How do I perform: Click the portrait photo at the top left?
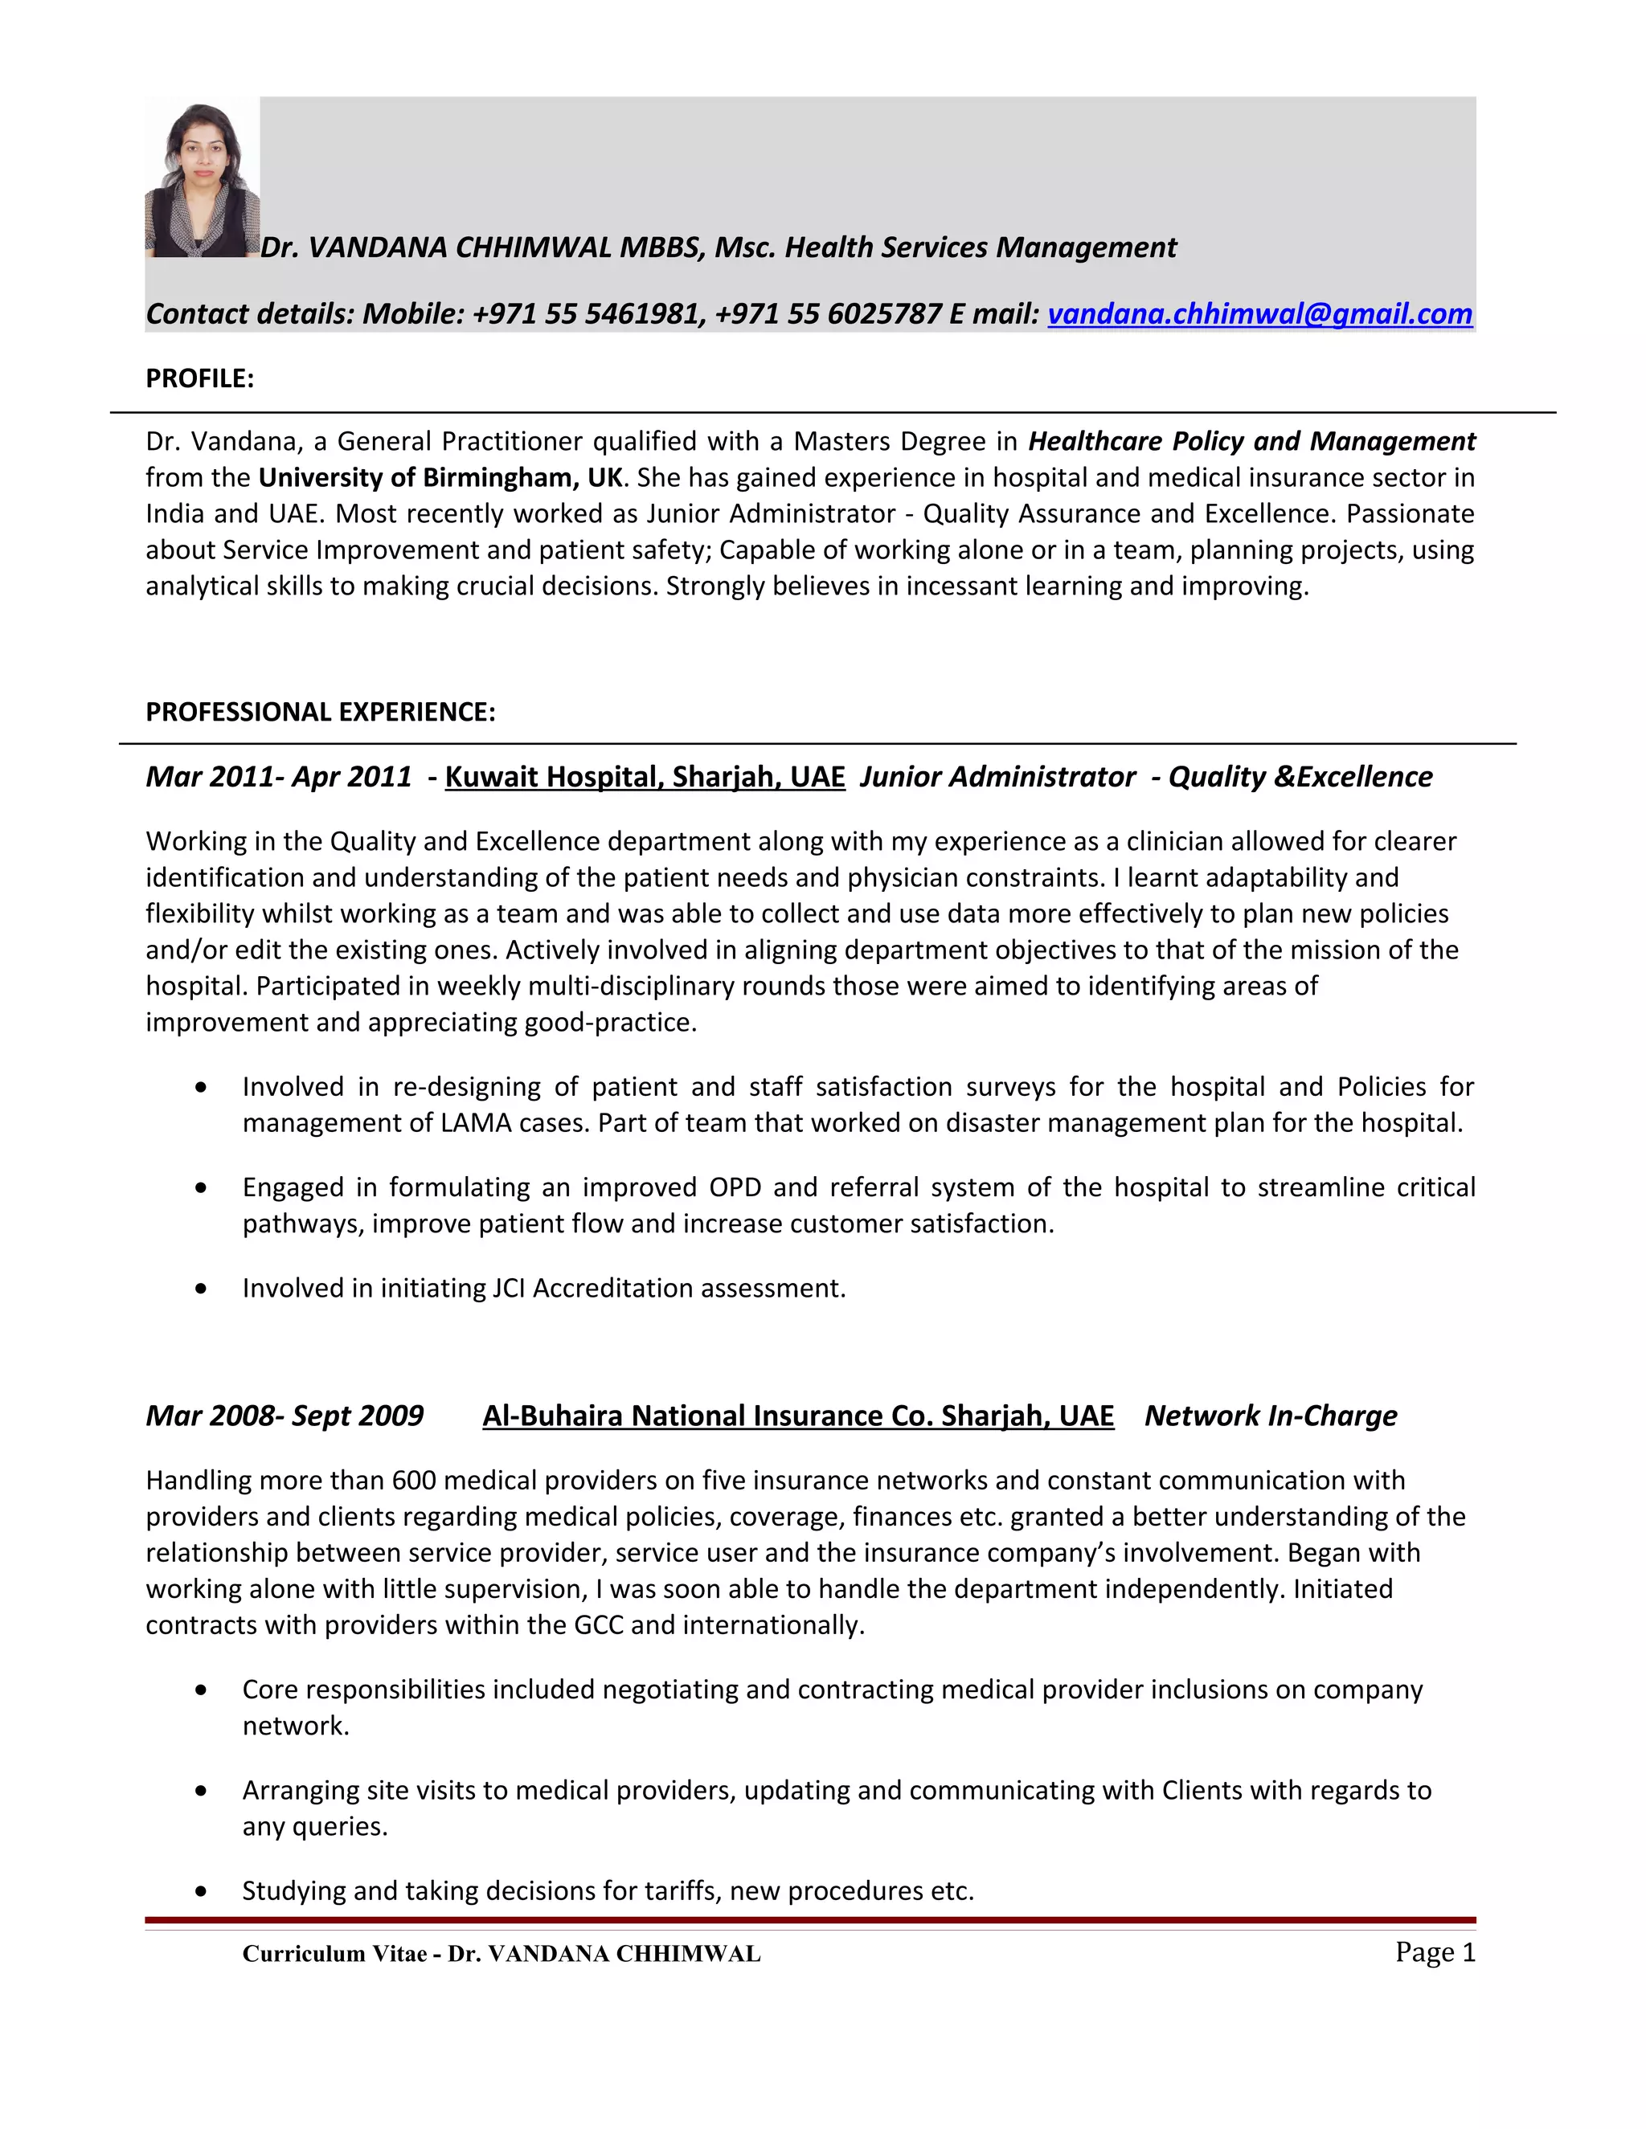coord(202,180)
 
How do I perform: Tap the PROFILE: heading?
coord(199,378)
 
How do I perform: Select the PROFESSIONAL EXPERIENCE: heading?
coord(320,712)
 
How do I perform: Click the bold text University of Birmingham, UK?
coord(440,478)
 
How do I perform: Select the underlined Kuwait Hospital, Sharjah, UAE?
coord(645,777)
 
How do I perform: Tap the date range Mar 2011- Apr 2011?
coord(278,777)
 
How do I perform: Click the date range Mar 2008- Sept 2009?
coord(284,1416)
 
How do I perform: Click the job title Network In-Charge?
coord(1270,1416)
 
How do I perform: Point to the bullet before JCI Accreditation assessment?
coord(201,1289)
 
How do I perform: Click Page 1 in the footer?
coord(1435,1951)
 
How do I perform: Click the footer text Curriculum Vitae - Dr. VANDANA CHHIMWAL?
coord(502,1954)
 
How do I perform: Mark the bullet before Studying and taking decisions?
coord(201,1891)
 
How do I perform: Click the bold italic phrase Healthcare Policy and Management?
coord(1251,442)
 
